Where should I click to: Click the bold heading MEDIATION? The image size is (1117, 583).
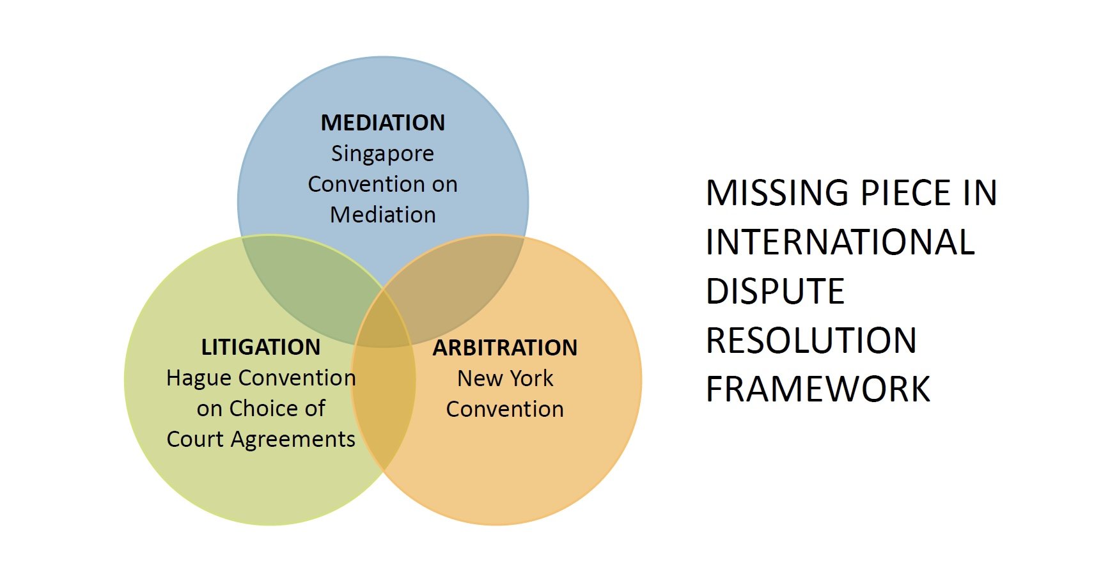click(x=382, y=122)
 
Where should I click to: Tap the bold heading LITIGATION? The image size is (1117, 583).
click(x=260, y=346)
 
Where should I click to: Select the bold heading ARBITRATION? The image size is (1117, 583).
click(x=504, y=347)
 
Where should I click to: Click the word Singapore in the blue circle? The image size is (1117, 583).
click(x=382, y=153)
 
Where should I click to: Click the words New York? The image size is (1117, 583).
click(x=504, y=378)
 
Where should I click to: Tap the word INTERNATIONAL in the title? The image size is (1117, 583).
click(x=840, y=242)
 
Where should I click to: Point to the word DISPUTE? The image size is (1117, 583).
click(x=775, y=291)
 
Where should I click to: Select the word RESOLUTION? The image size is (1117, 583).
click(x=811, y=340)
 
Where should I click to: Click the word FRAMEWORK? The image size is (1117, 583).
click(x=818, y=389)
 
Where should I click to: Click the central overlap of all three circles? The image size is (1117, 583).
click(x=383, y=323)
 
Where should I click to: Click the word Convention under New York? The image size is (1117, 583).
click(x=504, y=409)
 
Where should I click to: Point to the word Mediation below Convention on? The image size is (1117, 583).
click(x=382, y=215)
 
